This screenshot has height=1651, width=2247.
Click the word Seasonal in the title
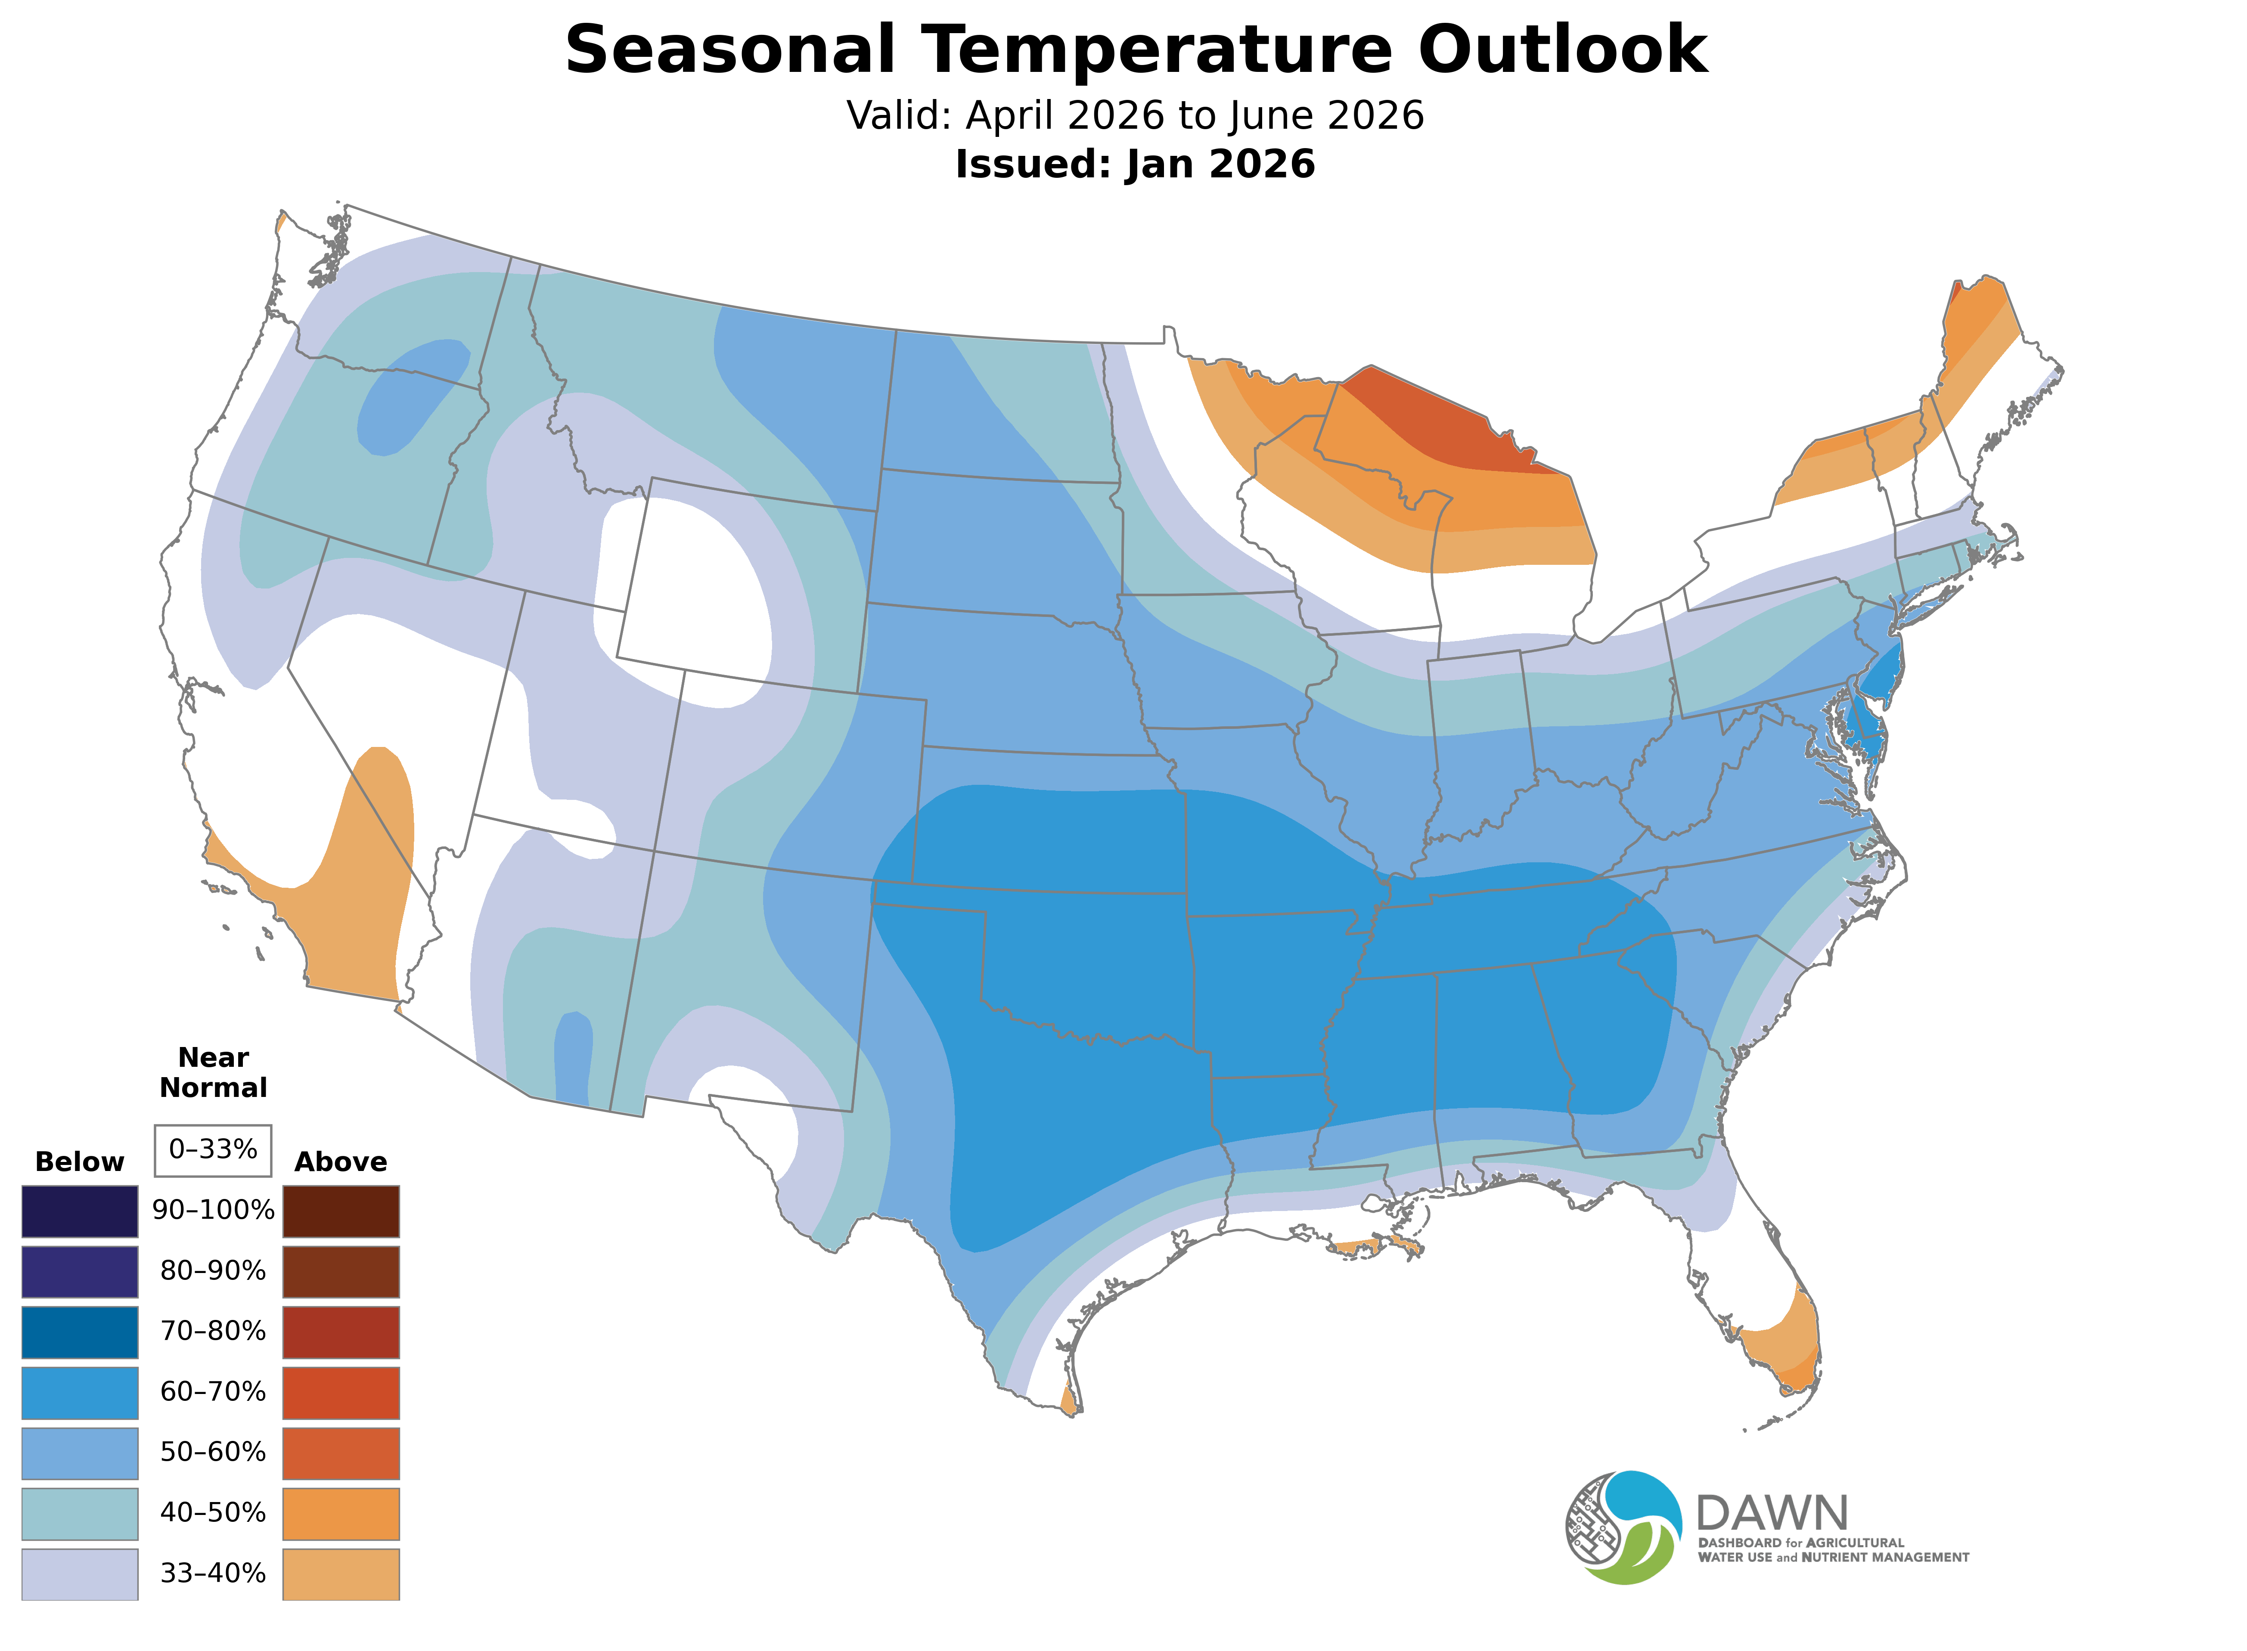(x=729, y=50)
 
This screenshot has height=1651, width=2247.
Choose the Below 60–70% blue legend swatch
(x=80, y=1392)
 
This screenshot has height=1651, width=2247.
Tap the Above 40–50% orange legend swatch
(x=341, y=1513)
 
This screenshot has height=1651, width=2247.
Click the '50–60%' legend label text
(x=213, y=1452)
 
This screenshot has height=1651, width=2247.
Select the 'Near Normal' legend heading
(x=213, y=1072)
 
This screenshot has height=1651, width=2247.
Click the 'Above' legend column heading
(x=341, y=1162)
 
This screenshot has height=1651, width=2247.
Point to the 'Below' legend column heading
(x=80, y=1162)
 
